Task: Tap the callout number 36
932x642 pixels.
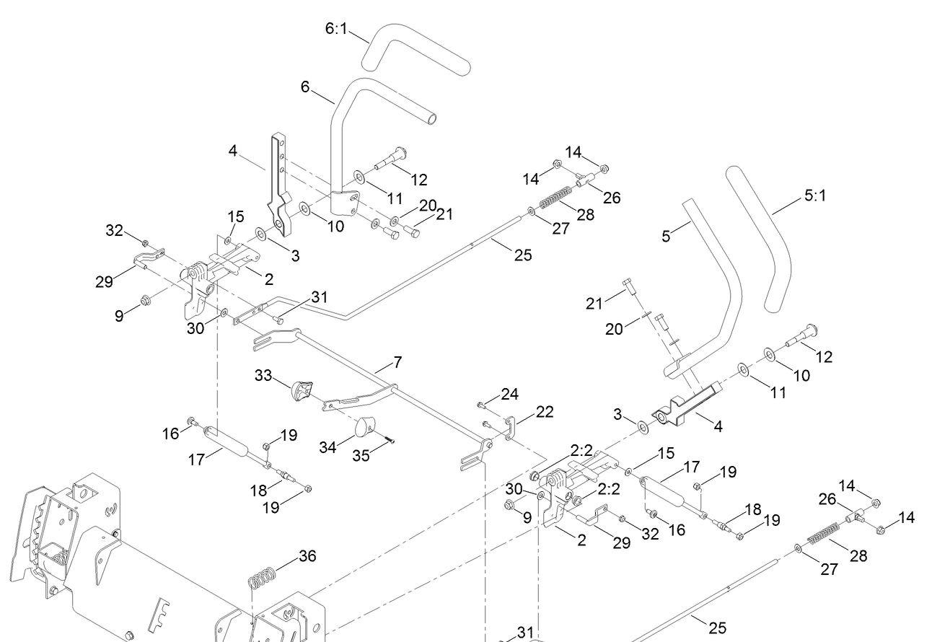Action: coord(307,556)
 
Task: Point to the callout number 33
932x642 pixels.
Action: coord(263,376)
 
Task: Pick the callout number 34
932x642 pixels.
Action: coord(329,447)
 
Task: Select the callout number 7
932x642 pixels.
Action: coord(397,362)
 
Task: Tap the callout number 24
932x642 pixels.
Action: coord(510,394)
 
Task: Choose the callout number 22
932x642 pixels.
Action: coord(545,411)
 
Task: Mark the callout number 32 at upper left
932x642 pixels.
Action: coord(115,230)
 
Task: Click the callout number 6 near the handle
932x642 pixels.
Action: coord(305,87)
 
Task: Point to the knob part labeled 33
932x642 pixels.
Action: coord(302,390)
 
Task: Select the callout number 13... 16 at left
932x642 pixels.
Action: coord(170,433)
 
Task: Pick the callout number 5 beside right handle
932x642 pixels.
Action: coord(666,235)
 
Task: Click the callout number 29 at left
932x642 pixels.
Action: coord(104,281)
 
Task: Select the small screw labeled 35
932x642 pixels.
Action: coord(390,441)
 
